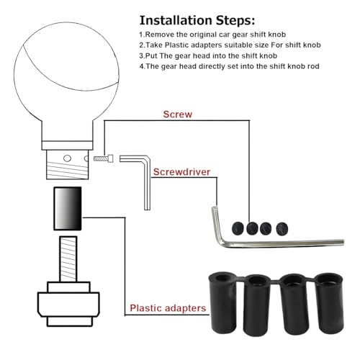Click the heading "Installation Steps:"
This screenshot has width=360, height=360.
tap(197, 20)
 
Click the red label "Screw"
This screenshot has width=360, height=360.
tap(178, 114)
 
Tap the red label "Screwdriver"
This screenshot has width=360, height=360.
tap(181, 172)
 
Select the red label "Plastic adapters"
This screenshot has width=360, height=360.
tap(168, 308)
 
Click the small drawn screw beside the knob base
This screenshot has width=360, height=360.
tap(104, 158)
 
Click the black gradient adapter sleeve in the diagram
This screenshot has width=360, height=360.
tap(68, 209)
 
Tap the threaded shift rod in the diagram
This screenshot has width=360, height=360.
tap(68, 259)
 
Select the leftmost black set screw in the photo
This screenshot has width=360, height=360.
tap(238, 228)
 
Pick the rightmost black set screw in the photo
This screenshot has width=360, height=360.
tap(282, 229)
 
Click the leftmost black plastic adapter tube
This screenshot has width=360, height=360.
tap(222, 303)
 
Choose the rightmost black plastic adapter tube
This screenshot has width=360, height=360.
tap(330, 303)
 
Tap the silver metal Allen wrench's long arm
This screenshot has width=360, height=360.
tap(283, 243)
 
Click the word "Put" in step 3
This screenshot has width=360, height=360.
tap(151, 55)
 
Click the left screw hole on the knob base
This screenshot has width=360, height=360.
tap(67, 158)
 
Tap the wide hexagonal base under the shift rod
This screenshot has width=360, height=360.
tap(68, 305)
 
